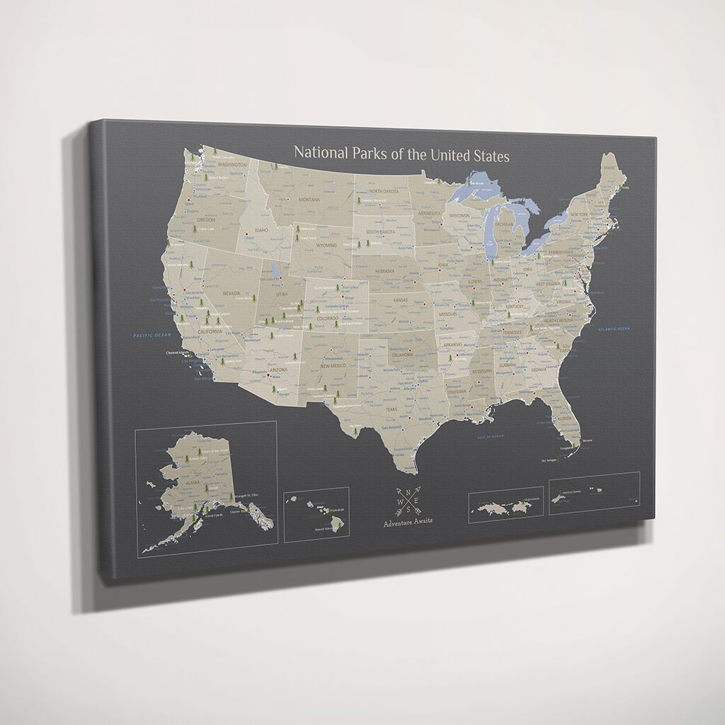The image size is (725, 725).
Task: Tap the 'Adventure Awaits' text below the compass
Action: pos(408,523)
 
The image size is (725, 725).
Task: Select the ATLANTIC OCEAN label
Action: pos(613,329)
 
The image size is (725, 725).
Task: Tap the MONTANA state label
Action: pos(309,200)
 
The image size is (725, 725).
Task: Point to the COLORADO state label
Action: pos(328,319)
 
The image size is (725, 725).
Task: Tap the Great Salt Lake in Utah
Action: pos(274,270)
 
